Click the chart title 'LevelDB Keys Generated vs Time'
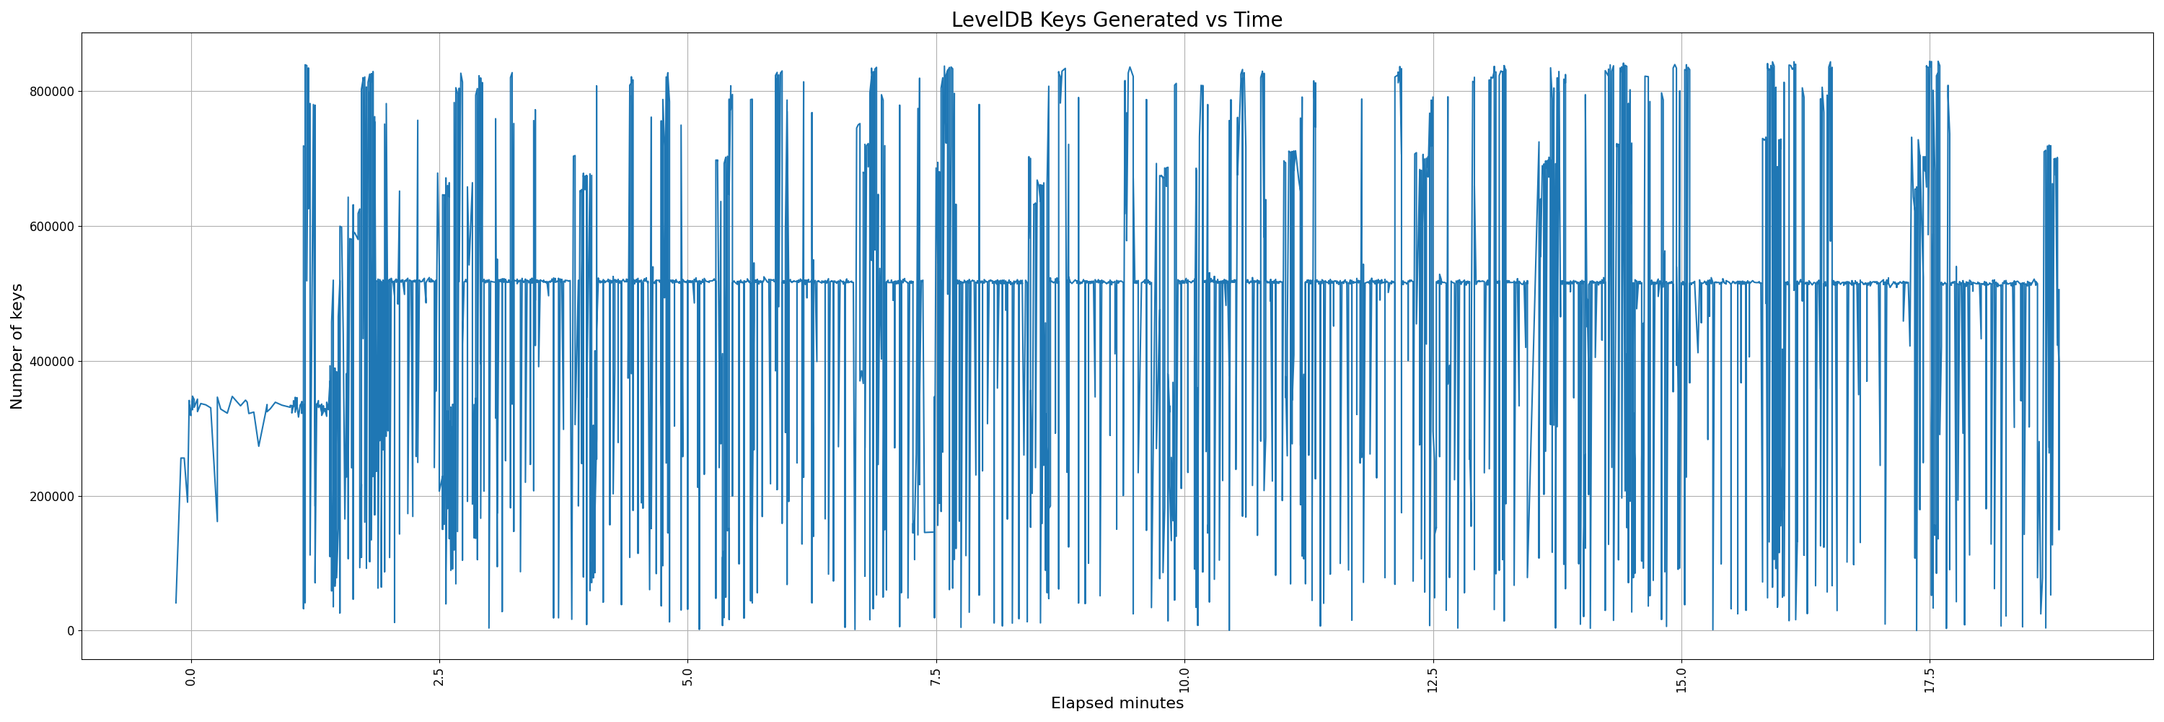coord(1117,19)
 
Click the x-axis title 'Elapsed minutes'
coord(1117,703)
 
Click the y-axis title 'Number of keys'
coord(17,347)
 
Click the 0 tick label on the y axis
coord(71,631)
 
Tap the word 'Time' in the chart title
coord(1257,19)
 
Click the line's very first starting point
coord(175,603)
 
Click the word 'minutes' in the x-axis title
coord(1150,703)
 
